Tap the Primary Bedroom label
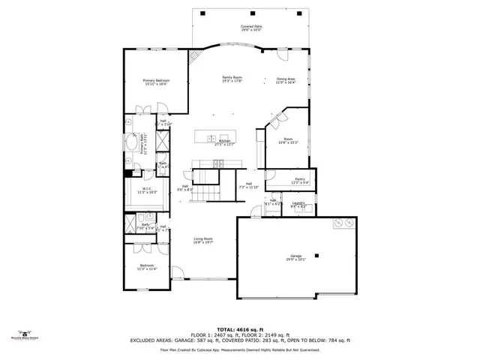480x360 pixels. coord(156,82)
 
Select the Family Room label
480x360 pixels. coord(232,79)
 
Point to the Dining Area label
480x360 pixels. coord(286,81)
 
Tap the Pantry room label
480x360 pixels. coord(300,181)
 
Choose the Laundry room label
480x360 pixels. coord(297,204)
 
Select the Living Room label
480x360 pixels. coord(203,240)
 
